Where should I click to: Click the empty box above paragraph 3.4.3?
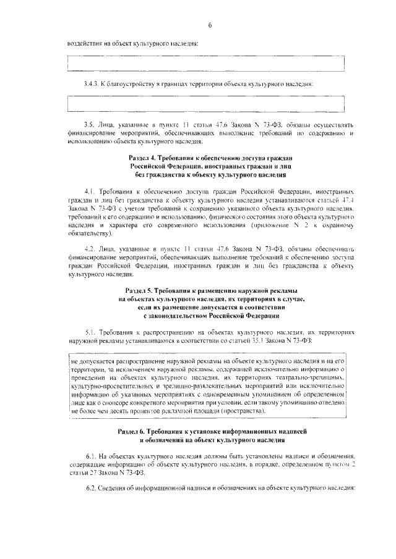click(x=205, y=64)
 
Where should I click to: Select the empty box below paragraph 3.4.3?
click(x=205, y=103)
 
